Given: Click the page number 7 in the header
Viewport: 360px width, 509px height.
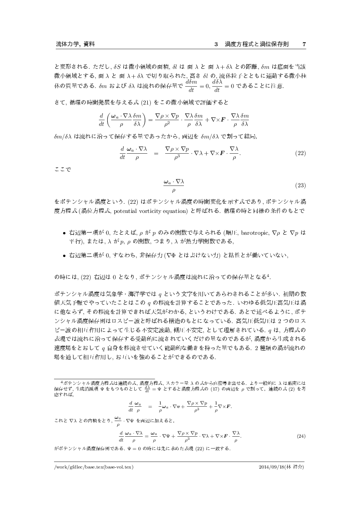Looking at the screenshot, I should (x=304, y=44).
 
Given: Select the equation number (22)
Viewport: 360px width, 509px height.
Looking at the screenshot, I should (x=300, y=153).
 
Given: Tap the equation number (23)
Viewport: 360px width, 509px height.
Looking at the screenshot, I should (x=300, y=186).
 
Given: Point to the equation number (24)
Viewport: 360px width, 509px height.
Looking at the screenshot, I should (x=300, y=436).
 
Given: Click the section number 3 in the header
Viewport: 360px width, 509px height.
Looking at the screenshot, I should (x=216, y=44).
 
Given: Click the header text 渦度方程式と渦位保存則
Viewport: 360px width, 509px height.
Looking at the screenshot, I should (x=257, y=44).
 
